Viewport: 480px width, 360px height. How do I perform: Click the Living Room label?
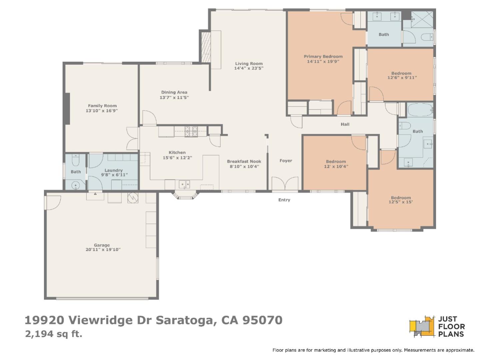point(249,63)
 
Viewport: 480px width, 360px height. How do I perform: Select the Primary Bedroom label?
point(323,56)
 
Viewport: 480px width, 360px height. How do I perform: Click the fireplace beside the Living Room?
point(205,46)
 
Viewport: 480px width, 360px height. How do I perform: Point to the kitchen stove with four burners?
point(191,132)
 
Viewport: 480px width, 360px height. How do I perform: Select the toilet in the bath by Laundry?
point(76,161)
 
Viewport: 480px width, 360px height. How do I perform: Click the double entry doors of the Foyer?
point(285,184)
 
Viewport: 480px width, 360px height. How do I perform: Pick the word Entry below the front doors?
point(284,200)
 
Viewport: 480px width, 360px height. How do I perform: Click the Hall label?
point(345,124)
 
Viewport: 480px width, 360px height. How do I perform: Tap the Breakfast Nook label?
point(244,161)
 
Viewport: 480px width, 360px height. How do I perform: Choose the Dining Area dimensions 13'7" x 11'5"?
point(174,98)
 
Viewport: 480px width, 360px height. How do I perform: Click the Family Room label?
point(102,106)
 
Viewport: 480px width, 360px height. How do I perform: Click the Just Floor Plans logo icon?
point(422,326)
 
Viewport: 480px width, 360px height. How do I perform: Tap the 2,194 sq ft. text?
point(54,334)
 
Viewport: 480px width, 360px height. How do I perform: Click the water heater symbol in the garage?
point(133,198)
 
